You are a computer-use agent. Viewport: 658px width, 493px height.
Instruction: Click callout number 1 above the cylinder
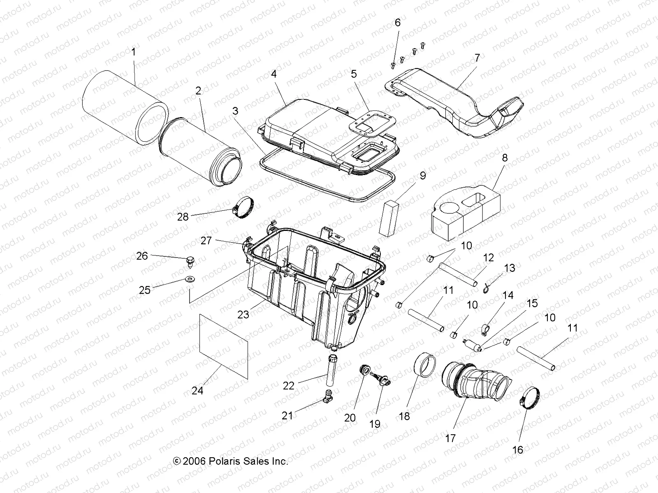click(x=133, y=52)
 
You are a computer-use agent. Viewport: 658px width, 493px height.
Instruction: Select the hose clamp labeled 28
click(x=242, y=204)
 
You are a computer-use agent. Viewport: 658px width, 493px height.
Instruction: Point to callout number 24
click(x=197, y=391)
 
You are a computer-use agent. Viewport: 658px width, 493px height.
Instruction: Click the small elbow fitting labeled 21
click(x=329, y=396)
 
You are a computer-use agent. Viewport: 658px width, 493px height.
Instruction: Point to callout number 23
click(x=243, y=314)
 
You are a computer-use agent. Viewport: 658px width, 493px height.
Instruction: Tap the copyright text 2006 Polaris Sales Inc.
click(x=230, y=461)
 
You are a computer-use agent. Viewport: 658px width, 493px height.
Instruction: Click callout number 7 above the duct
click(x=477, y=58)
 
